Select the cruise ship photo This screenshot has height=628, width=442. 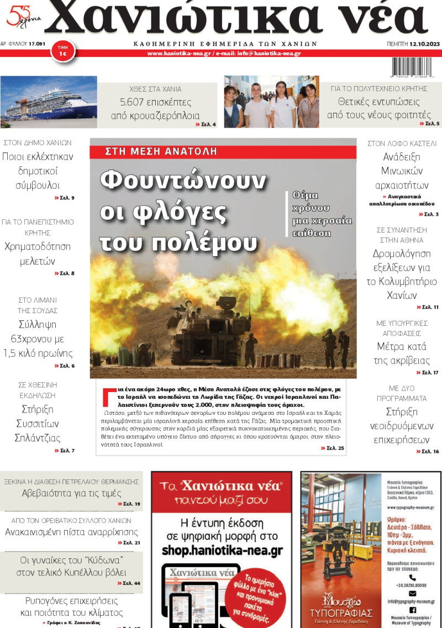point(49,102)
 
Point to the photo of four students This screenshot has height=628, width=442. point(271,102)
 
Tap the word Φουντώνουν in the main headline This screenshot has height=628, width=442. point(183,181)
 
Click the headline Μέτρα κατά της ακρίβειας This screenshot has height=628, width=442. point(402,353)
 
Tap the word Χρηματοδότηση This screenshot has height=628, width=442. point(38,247)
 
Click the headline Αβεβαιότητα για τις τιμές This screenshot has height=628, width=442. point(72,493)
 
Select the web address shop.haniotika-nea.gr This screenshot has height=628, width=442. point(222,550)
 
